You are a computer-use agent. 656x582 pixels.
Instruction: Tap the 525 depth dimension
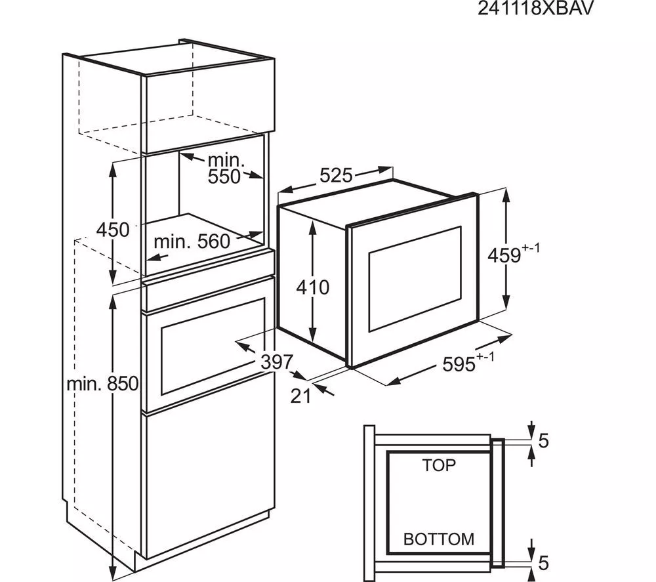336,176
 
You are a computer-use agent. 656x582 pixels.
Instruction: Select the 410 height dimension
312,287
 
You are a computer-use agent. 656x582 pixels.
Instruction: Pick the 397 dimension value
276,362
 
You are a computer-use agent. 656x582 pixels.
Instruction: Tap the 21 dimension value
300,396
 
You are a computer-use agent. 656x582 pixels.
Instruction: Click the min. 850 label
102,385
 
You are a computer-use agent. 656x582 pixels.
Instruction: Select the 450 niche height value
113,230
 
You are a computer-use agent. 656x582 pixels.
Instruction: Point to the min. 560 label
192,241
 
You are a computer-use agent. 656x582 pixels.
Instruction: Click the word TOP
439,465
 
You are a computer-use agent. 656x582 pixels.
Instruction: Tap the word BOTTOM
438,539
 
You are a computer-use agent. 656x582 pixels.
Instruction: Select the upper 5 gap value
543,441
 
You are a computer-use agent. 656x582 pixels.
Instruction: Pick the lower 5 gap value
543,563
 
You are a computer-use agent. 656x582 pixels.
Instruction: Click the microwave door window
415,278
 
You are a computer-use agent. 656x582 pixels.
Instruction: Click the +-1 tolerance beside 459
531,249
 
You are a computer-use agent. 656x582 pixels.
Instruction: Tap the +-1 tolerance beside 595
485,357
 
